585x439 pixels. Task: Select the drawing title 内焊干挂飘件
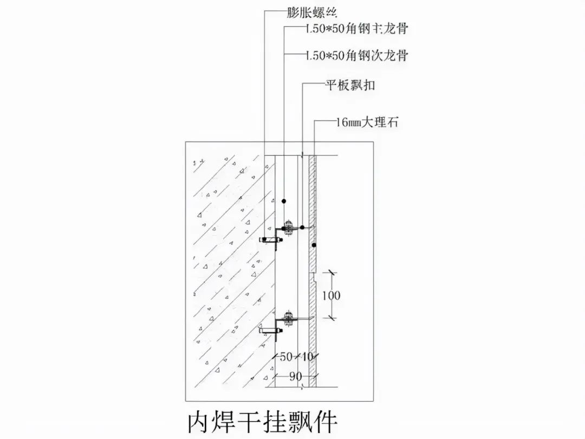point(262,421)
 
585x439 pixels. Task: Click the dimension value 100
point(331,295)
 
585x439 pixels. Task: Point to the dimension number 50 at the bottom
point(287,357)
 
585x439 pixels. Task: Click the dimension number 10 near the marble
point(307,357)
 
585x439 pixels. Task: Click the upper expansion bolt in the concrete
point(269,239)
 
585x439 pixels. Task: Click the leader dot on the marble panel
point(314,246)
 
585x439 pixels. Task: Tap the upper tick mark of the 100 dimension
point(331,273)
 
